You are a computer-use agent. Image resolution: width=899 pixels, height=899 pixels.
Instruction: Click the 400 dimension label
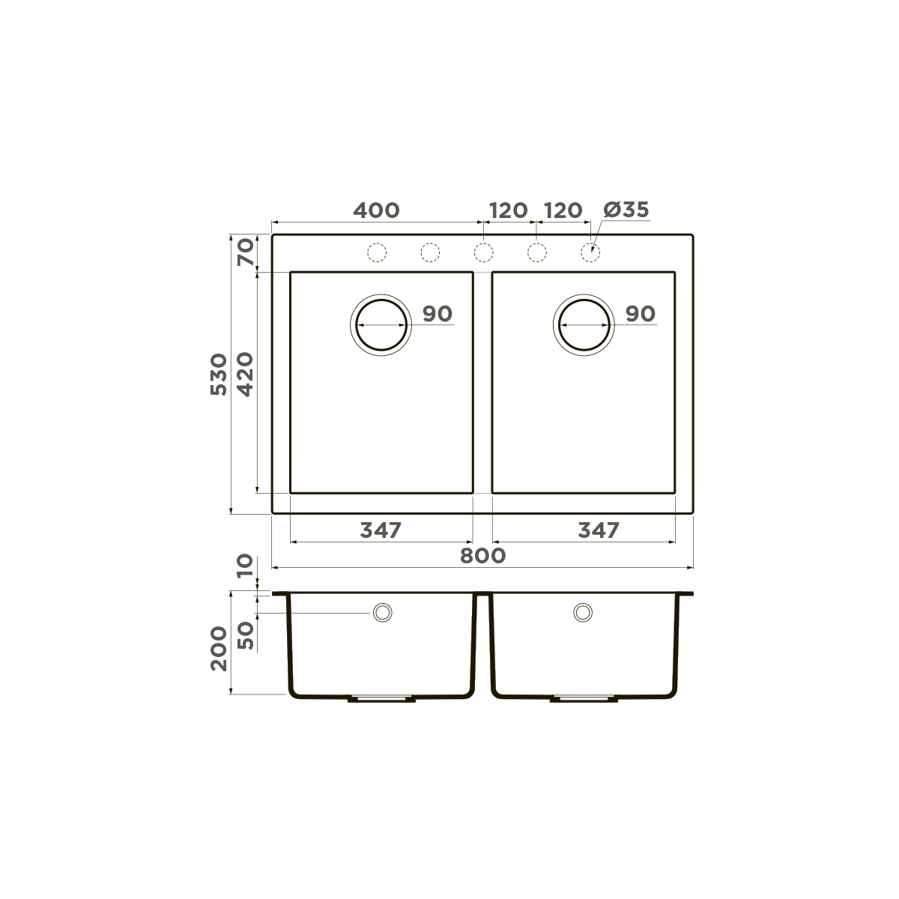tap(376, 211)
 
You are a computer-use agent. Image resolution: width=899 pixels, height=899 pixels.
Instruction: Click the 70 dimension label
tap(245, 252)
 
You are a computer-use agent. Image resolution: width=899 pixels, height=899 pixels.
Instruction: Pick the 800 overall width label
tap(483, 556)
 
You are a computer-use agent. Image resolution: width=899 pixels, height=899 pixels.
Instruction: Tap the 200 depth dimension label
tap(218, 648)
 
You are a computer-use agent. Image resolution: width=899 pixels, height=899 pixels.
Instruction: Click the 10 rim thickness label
tap(245, 567)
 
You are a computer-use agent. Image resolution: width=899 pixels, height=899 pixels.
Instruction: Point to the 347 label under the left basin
tap(381, 530)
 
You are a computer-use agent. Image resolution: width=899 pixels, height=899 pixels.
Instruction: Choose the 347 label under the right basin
tap(599, 530)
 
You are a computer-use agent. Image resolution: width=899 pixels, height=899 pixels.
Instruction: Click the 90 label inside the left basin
tap(438, 314)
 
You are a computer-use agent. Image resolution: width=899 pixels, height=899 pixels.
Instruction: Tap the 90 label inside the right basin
tap(640, 314)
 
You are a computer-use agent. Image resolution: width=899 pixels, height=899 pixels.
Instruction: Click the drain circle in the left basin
tap(381, 326)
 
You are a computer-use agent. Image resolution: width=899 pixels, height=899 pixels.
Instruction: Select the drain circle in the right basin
tap(584, 326)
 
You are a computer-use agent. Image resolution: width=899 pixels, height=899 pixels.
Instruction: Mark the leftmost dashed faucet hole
tap(377, 253)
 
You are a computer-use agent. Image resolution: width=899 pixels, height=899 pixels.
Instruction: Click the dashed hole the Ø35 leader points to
tap(590, 253)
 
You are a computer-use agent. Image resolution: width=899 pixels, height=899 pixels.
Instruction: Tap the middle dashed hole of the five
tap(483, 253)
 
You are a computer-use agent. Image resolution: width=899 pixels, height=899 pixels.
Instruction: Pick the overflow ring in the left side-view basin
tap(383, 612)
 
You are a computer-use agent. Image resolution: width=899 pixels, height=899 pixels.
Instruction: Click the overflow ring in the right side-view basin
tap(582, 612)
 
